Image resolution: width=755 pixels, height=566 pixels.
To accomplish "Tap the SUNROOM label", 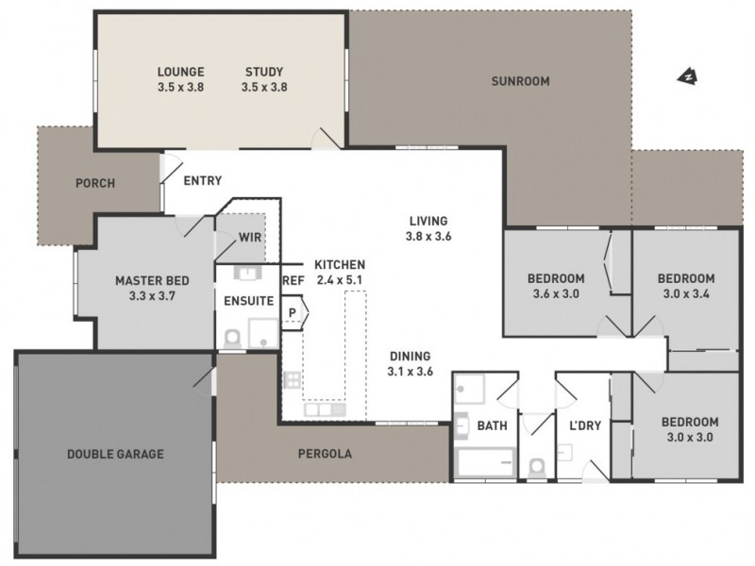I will (519, 81).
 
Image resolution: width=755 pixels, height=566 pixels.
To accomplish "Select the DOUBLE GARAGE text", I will (115, 454).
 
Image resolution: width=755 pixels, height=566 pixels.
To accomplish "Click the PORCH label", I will (95, 183).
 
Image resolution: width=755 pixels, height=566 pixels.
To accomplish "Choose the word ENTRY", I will (203, 180).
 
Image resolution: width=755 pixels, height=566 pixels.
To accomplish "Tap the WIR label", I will (250, 238).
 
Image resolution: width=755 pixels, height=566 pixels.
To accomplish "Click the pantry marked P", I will (294, 312).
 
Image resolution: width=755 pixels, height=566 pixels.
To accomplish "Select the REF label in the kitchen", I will (294, 280).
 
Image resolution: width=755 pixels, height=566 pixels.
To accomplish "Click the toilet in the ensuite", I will (232, 336).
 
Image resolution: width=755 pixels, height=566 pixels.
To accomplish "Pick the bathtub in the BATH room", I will (485, 462).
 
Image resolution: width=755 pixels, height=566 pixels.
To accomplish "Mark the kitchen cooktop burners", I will (292, 380).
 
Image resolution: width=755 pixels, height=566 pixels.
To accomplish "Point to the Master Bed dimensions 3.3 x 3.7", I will (152, 295).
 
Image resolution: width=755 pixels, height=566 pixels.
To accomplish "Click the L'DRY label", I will (585, 425).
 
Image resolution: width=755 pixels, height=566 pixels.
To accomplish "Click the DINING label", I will (410, 357).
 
